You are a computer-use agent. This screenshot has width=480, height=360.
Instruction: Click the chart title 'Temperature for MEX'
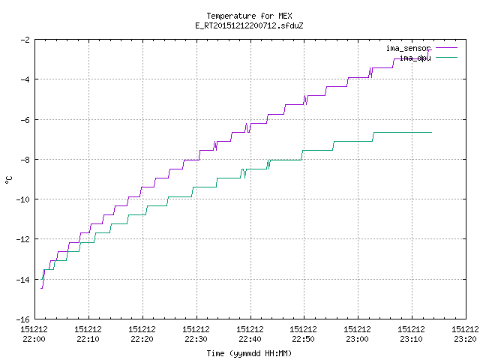[x=249, y=16]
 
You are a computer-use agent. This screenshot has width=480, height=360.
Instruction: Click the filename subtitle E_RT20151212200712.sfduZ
[x=249, y=25]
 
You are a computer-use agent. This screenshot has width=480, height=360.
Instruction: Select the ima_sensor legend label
[x=408, y=48]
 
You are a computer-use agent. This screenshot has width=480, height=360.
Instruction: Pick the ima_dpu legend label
[x=415, y=58]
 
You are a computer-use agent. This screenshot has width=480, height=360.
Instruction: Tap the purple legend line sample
[x=446, y=48]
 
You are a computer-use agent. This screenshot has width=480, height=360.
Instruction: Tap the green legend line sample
[x=446, y=57]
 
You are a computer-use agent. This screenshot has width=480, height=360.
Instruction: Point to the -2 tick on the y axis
[x=25, y=40]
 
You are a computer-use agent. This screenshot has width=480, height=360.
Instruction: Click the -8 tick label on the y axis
[x=25, y=160]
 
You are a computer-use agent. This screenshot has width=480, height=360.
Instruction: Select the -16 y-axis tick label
[x=23, y=319]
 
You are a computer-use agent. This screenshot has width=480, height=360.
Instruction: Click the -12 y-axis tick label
[x=23, y=239]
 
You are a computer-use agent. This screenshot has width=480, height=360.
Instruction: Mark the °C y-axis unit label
[x=8, y=180]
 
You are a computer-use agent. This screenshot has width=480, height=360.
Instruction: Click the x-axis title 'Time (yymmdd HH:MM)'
[x=249, y=353]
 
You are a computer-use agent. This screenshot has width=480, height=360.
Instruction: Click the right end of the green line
[x=432, y=132]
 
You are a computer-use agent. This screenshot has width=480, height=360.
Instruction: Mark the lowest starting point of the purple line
[x=41, y=288]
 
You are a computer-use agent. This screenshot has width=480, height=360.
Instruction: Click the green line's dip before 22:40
[x=244, y=178]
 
